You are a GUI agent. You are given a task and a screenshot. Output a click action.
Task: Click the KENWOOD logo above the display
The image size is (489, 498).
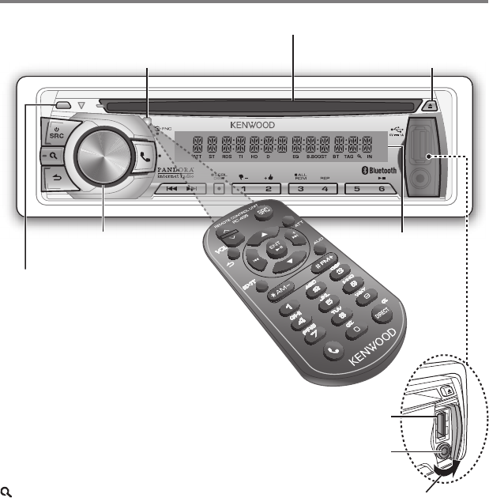click(252, 125)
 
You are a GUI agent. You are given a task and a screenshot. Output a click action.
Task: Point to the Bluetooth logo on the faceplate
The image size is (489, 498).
click(377, 170)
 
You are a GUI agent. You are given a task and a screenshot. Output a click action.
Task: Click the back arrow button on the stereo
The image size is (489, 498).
click(57, 180)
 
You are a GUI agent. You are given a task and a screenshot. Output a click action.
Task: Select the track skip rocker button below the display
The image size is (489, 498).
click(181, 190)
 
